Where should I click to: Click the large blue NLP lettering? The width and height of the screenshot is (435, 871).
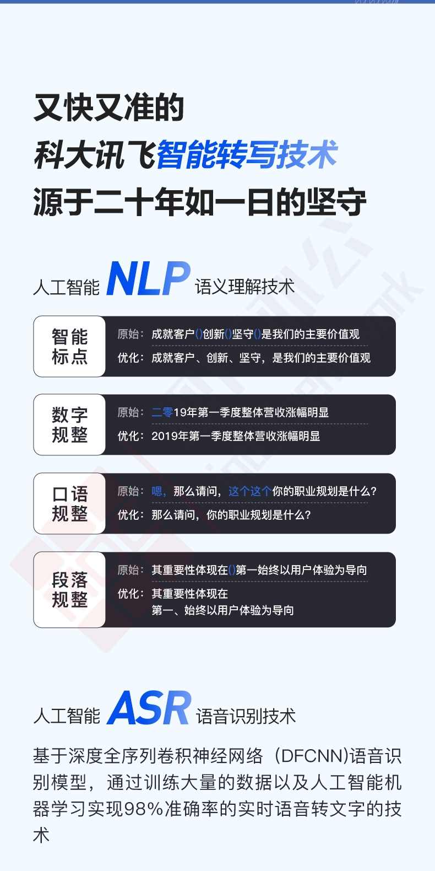(148, 278)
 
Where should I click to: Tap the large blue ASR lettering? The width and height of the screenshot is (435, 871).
(149, 708)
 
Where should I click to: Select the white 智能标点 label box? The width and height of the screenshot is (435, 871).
(69, 346)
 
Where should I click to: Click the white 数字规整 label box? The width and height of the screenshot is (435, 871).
(69, 424)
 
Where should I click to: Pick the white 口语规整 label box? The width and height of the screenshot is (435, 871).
(69, 503)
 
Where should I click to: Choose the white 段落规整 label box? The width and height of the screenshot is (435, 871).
(69, 589)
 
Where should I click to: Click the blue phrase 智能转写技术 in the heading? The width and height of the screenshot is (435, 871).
(247, 154)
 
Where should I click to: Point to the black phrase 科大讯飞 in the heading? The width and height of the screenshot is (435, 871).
(96, 154)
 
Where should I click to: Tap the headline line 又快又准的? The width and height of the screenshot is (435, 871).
(109, 107)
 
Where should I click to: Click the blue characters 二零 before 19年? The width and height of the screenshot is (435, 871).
(162, 412)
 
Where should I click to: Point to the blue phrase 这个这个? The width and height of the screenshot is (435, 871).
(250, 491)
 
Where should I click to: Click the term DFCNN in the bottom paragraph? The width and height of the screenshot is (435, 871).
(310, 756)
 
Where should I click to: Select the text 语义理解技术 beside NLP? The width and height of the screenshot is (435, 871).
(244, 287)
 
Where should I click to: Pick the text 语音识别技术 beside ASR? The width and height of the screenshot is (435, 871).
(246, 716)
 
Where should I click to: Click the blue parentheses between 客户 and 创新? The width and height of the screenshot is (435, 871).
(199, 334)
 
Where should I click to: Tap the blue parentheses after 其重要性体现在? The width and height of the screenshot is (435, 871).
(232, 570)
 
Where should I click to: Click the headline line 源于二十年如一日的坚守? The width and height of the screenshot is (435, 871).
(200, 202)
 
